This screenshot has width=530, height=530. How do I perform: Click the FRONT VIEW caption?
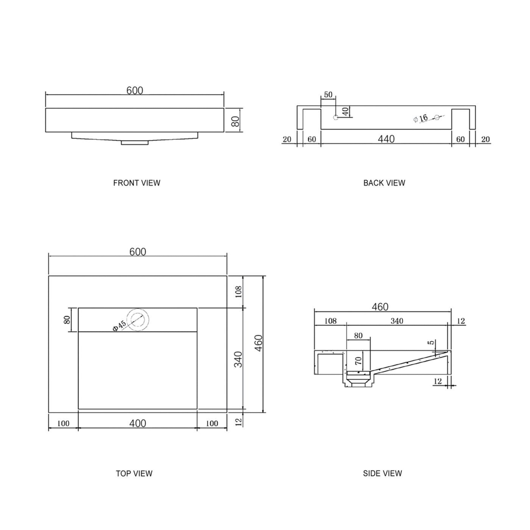137,183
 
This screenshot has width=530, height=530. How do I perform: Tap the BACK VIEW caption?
384,183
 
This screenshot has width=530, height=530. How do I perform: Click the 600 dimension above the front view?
135,91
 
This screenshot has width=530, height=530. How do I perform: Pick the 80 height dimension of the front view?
235,121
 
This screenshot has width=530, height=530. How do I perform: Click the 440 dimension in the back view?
386,139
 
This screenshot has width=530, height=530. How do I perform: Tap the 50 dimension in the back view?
328,95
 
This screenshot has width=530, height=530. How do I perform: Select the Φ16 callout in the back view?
421,119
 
